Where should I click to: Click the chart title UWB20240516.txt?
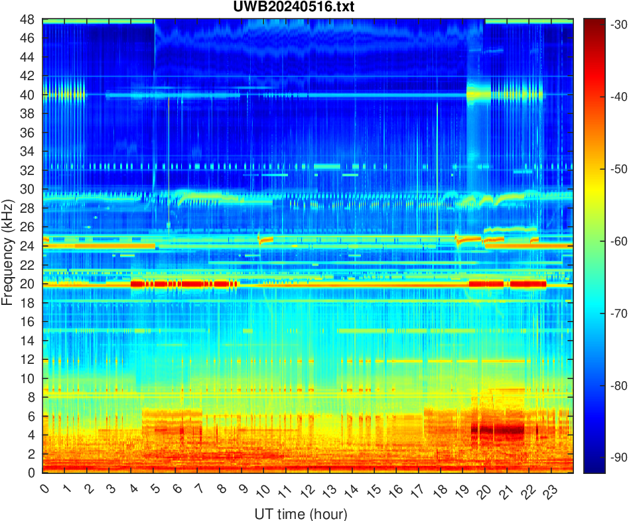(x=307, y=7)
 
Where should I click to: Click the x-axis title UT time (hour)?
(x=301, y=513)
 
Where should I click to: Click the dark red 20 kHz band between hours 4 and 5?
(x=142, y=284)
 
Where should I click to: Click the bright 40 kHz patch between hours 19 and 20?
(x=478, y=95)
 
